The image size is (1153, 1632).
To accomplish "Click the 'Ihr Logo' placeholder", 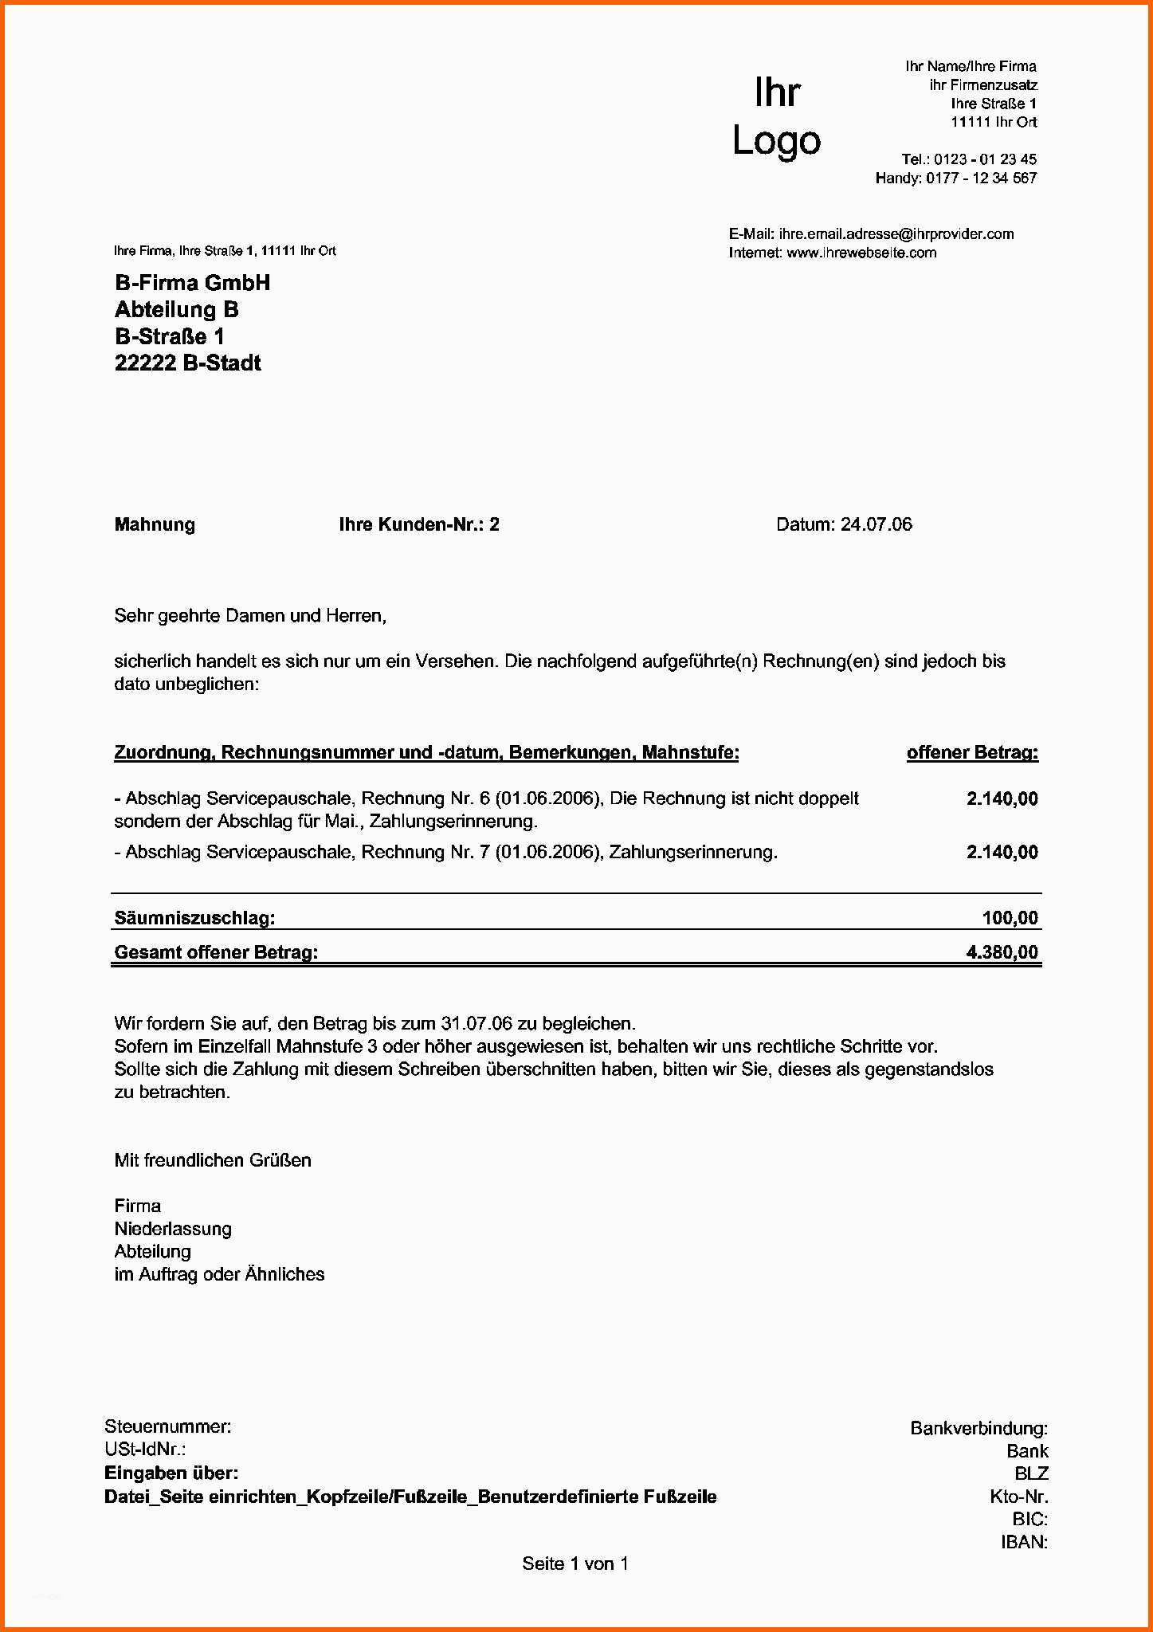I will point(776,116).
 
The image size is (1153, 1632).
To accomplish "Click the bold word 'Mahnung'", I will point(155,524).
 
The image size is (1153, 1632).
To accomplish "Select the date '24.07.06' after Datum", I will point(876,524).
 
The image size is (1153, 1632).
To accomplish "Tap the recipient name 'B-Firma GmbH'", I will point(192,283).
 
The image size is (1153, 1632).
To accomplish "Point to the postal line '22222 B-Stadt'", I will point(187,363).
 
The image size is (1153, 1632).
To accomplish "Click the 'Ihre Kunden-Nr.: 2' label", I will point(418,524).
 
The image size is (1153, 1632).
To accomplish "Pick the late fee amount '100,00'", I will point(1010,918).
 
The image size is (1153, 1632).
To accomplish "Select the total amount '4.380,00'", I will point(1002,952).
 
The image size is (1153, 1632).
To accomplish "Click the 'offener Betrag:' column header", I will point(972,752).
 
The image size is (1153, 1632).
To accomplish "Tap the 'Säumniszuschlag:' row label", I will point(194,918).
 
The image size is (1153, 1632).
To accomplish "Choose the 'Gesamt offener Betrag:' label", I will point(216,952).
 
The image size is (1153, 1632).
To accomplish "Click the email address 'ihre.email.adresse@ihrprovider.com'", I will point(896,234).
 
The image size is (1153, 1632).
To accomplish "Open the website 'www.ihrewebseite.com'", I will point(861,253).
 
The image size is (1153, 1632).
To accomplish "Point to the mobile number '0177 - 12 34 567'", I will point(981,178).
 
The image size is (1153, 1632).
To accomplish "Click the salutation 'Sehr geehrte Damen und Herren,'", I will point(250,616).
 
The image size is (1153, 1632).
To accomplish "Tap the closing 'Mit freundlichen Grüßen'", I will point(213,1160).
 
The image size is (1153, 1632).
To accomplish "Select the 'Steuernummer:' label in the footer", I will point(167,1426).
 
